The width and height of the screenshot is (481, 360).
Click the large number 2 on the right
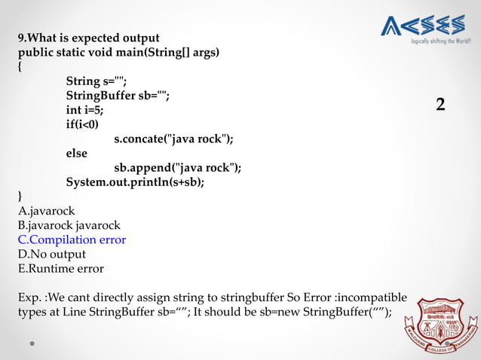coord(440,105)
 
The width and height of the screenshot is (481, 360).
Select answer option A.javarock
coord(47,211)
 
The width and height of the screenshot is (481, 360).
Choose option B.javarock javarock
coord(69,225)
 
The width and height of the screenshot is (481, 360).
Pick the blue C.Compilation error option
coord(72,239)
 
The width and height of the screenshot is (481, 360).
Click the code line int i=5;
coord(85,110)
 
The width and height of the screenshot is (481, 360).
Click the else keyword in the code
coord(77,153)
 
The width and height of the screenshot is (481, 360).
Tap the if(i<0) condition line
coord(82,124)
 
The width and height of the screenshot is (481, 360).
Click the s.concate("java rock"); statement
coord(173,139)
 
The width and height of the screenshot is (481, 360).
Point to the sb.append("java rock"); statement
coord(178,167)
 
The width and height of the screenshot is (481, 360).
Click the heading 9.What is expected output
coord(89,38)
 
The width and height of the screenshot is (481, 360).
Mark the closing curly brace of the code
coord(21,197)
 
